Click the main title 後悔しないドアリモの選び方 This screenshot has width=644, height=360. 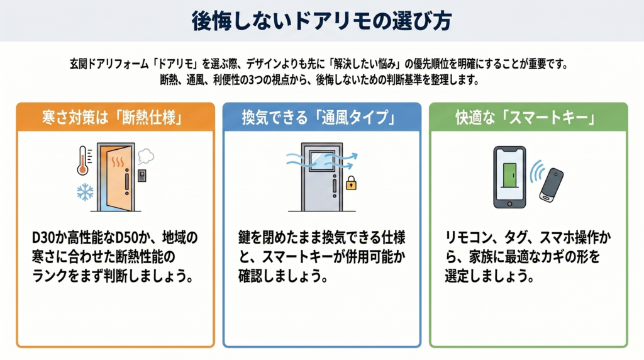[x=321, y=21]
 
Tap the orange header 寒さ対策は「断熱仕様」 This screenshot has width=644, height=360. [x=112, y=118]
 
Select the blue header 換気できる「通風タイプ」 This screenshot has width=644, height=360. [x=319, y=118]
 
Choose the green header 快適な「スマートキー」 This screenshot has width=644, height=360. [x=526, y=118]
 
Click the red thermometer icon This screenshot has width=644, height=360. [x=84, y=160]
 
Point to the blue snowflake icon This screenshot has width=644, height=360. [x=85, y=193]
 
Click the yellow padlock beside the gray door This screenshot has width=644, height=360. [x=351, y=183]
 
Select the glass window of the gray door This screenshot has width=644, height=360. [x=321, y=160]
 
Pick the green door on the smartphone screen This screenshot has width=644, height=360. [x=509, y=176]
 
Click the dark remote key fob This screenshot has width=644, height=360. [x=551, y=185]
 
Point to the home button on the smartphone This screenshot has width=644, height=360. [x=509, y=203]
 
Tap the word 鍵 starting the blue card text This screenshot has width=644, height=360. [x=245, y=237]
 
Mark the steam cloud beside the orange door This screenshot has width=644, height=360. [x=146, y=155]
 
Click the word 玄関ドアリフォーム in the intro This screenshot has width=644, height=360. [x=109, y=64]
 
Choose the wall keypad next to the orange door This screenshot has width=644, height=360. [x=142, y=176]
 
